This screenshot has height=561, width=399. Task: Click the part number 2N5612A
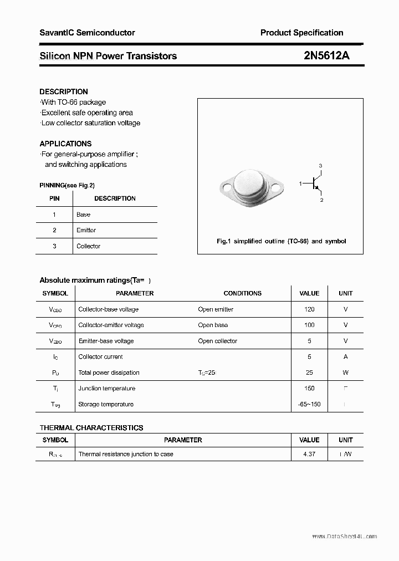[x=319, y=55]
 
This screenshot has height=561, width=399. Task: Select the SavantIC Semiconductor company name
[x=87, y=33]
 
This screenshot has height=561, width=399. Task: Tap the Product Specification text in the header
[x=301, y=33]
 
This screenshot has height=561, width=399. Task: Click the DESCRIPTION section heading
[x=64, y=91]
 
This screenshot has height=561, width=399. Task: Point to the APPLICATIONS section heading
[x=65, y=144]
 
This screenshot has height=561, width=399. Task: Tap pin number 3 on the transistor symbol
[x=320, y=166]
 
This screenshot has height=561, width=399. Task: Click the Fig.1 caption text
[x=281, y=241]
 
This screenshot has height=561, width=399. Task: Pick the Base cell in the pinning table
[x=83, y=215]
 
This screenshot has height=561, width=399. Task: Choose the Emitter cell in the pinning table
[x=86, y=230]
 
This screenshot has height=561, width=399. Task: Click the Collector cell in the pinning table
[x=88, y=246]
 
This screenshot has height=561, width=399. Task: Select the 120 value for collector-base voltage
[x=309, y=309]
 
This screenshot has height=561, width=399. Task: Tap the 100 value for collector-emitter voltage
[x=309, y=325]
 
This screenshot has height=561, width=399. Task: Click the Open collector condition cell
[x=217, y=341]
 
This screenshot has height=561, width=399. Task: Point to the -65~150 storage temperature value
[x=309, y=404]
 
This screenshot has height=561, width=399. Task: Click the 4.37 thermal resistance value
[x=309, y=454]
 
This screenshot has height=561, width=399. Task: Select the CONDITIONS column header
[x=242, y=293]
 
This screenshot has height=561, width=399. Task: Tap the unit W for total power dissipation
[x=346, y=373]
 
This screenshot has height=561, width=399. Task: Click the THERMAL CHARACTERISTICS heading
[x=91, y=427]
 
